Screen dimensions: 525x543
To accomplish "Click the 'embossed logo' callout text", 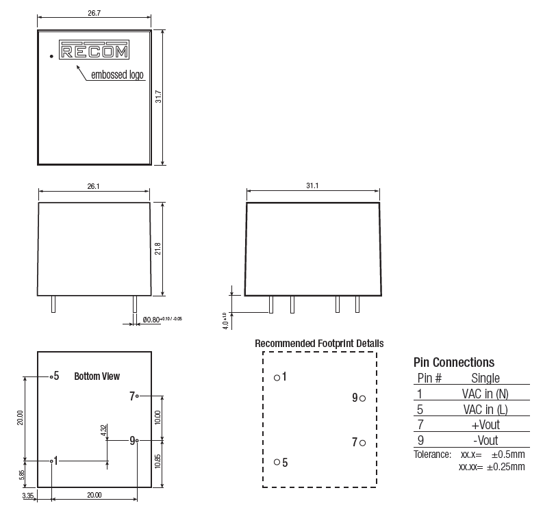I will (x=118, y=75).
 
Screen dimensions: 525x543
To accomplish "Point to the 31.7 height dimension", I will (x=158, y=97).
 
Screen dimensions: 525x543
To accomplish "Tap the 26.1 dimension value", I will (x=94, y=186).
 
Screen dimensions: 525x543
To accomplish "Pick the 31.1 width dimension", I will (x=312, y=186).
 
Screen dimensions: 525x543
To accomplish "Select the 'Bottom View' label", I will (x=97, y=376).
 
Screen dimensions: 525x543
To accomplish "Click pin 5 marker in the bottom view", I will (x=51, y=376).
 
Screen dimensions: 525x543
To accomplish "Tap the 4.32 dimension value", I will (x=103, y=431).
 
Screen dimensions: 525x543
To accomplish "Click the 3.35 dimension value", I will (x=28, y=495).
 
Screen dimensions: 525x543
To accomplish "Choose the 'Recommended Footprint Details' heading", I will (x=319, y=343).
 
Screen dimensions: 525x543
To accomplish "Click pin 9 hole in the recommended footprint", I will (x=362, y=398).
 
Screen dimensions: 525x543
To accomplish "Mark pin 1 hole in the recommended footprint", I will (x=276, y=377).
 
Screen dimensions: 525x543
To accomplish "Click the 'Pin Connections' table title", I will (x=454, y=362).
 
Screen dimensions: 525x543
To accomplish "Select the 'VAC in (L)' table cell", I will (x=485, y=409).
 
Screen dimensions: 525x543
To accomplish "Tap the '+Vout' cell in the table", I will (x=485, y=425).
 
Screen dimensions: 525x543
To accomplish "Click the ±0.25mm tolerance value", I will (x=507, y=467).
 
